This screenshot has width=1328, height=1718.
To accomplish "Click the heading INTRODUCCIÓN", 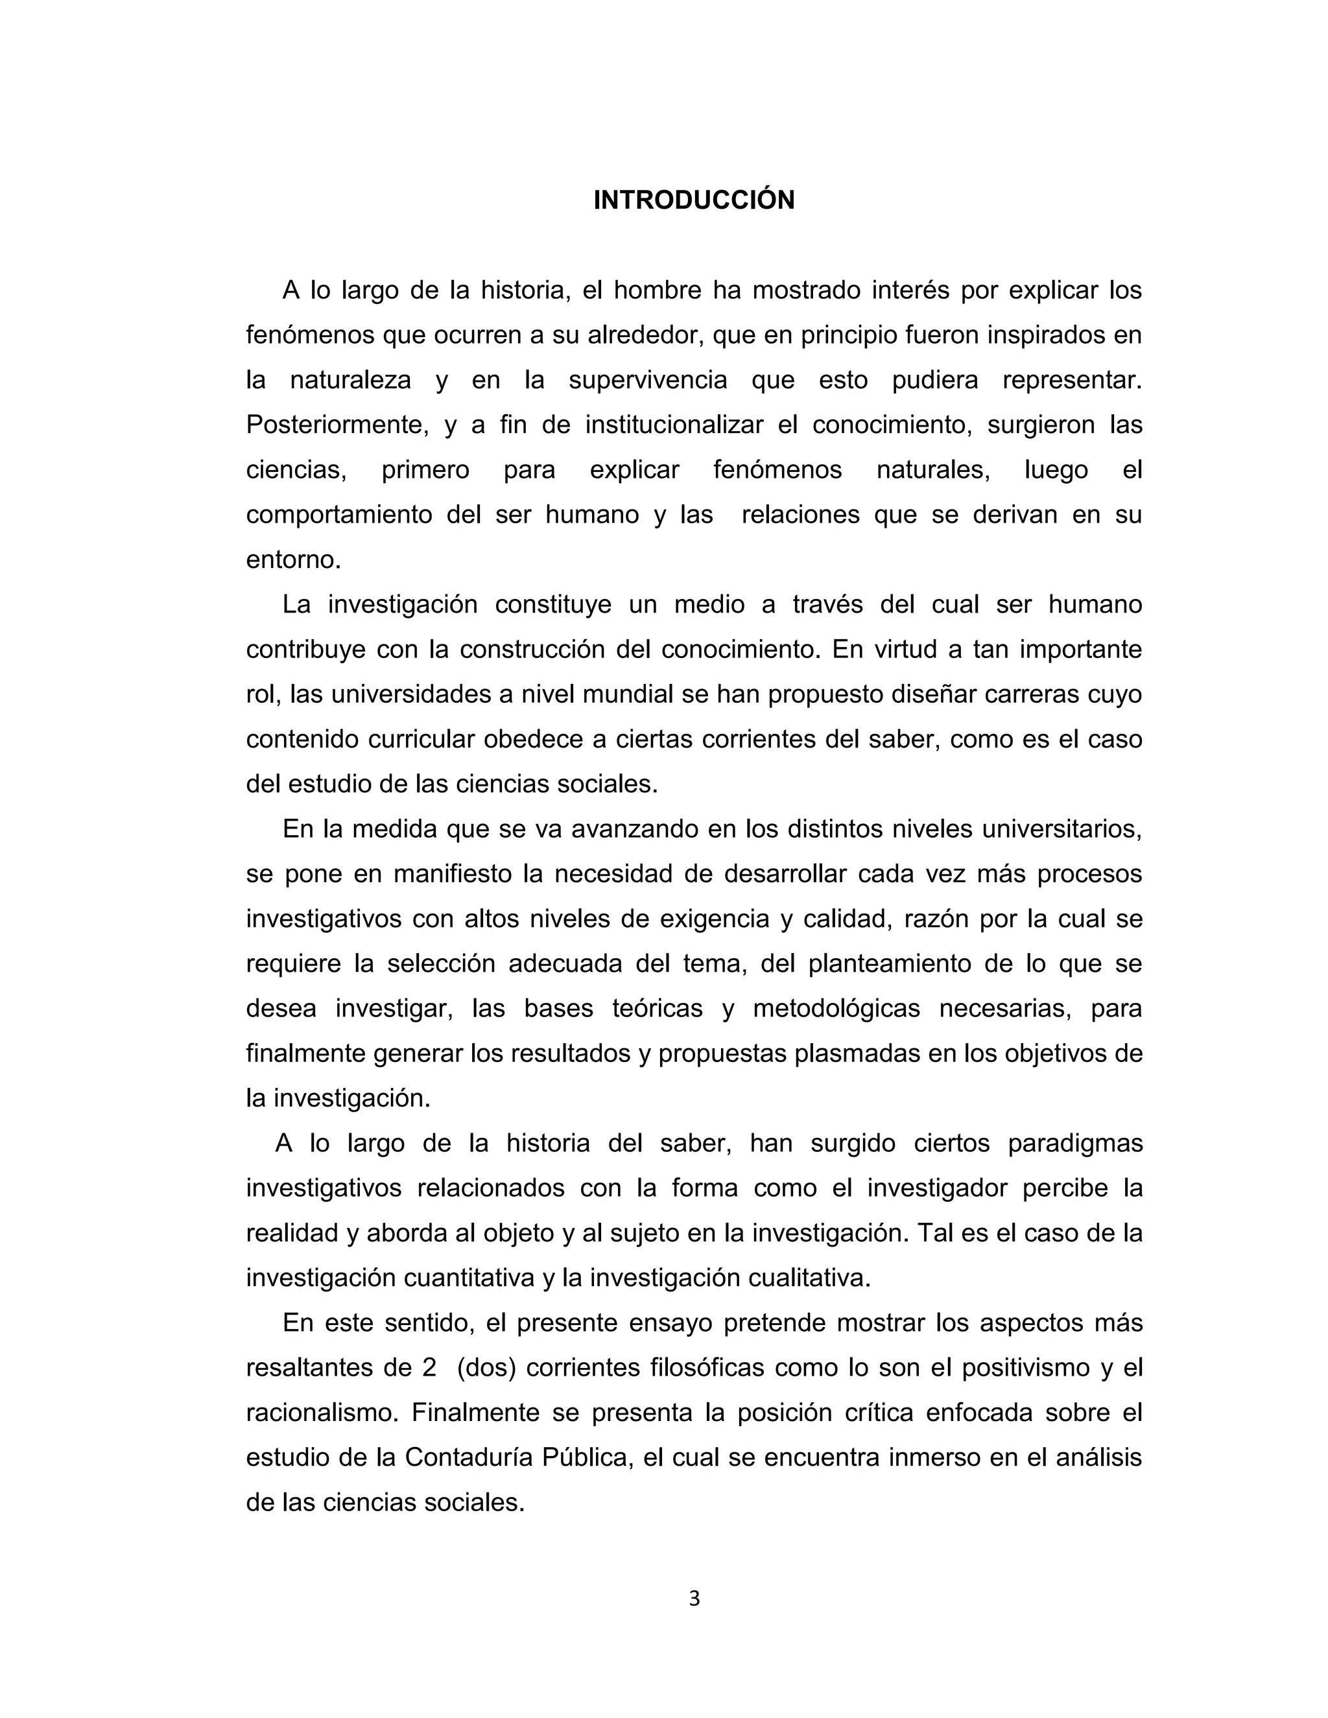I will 693,200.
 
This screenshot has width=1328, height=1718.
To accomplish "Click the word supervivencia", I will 648,381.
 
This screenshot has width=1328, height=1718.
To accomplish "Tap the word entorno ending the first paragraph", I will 292,560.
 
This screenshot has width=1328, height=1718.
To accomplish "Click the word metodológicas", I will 836,1009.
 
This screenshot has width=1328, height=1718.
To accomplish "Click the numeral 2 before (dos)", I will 429,1367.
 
